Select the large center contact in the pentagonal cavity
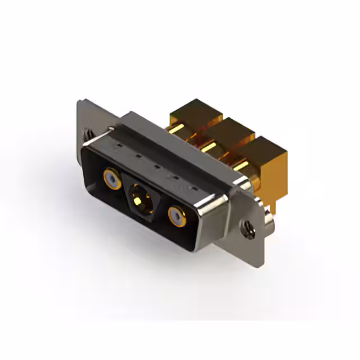(138, 198)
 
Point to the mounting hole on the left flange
(88, 135)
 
